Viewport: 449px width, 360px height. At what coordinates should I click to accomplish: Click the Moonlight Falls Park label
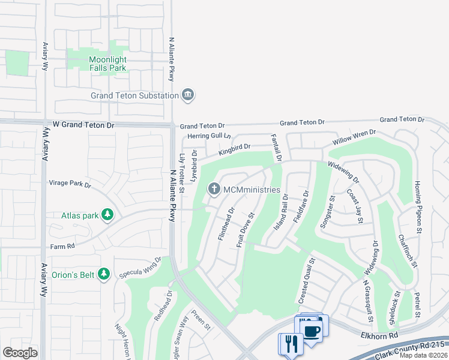107,64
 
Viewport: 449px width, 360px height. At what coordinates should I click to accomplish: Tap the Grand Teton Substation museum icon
188,95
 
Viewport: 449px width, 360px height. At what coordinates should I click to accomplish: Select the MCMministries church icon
213,190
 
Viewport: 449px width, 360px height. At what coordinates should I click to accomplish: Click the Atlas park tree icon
107,215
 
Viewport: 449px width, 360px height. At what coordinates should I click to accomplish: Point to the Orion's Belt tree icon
104,274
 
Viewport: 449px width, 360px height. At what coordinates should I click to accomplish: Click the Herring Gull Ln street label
208,136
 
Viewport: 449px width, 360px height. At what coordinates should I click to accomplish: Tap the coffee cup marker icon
311,331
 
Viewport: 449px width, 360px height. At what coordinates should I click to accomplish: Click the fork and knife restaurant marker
291,344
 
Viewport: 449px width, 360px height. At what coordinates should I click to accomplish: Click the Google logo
20,353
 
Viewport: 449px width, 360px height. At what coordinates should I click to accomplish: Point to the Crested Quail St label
306,280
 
